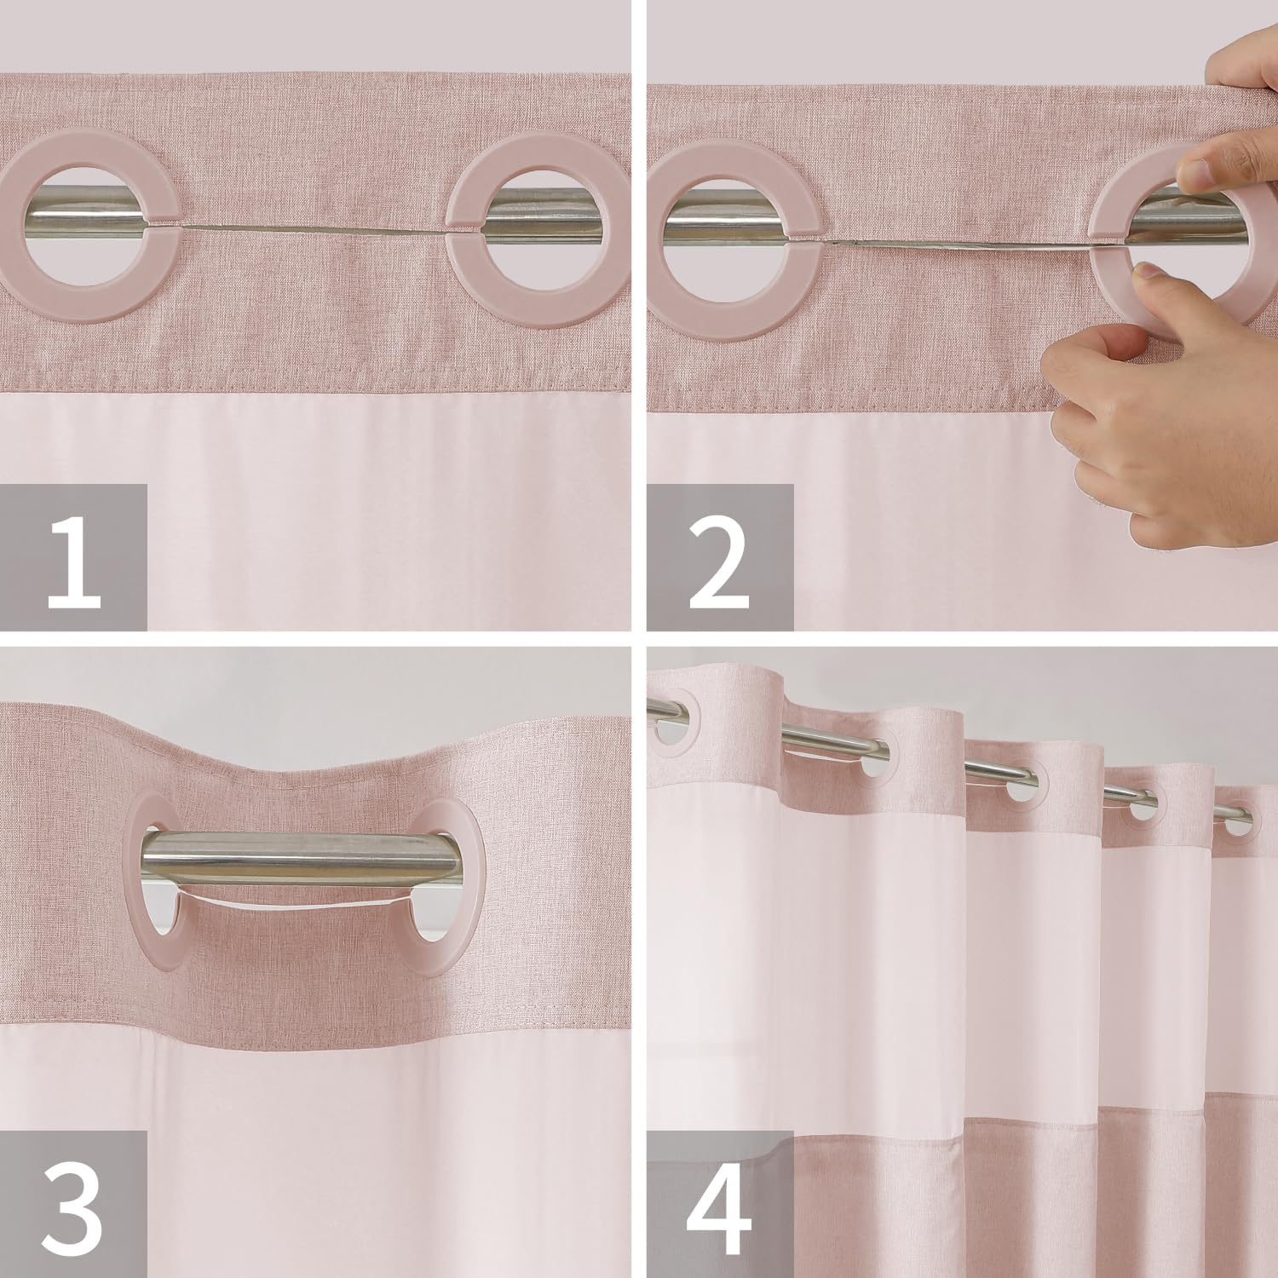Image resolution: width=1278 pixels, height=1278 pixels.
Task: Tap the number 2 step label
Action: point(720,558)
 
